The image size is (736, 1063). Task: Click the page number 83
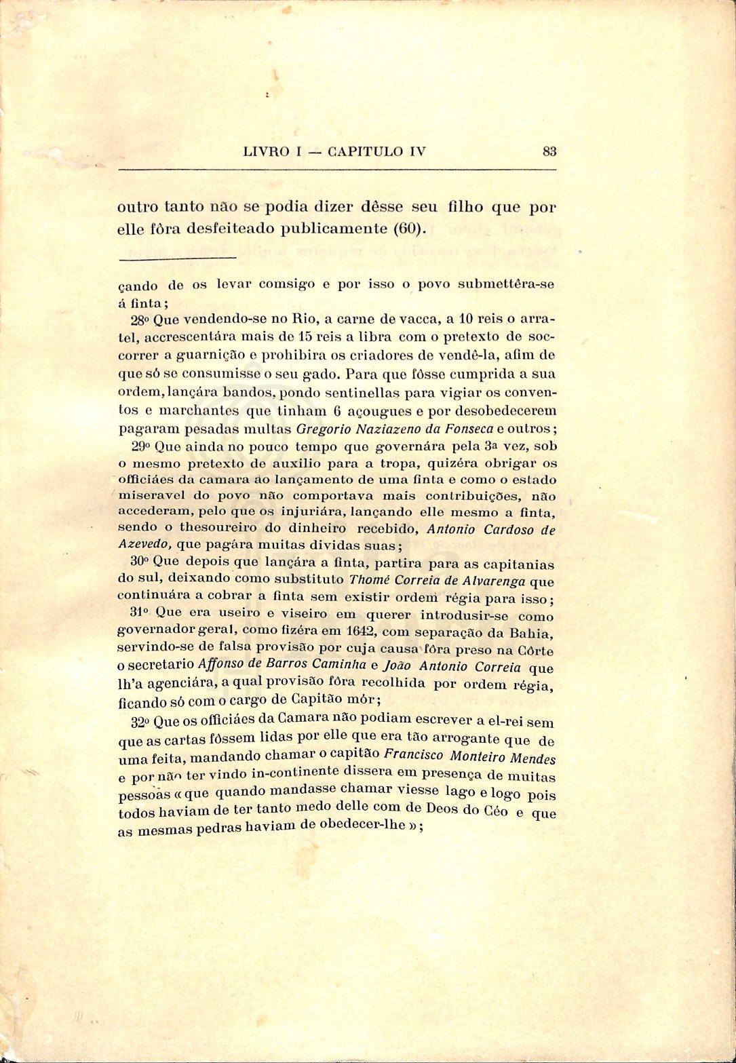(549, 152)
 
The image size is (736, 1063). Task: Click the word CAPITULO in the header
(367, 152)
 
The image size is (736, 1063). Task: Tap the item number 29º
(141, 447)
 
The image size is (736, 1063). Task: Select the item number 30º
(140, 562)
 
